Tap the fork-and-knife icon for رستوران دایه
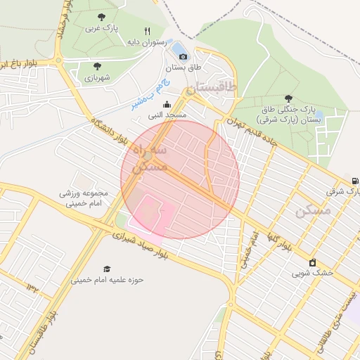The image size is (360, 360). click(147, 31)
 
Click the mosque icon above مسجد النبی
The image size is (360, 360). click(166, 104)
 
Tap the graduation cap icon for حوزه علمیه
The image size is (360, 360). click(107, 269)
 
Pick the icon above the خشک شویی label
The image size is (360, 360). click(313, 262)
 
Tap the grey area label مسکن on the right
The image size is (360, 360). click(312, 210)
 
